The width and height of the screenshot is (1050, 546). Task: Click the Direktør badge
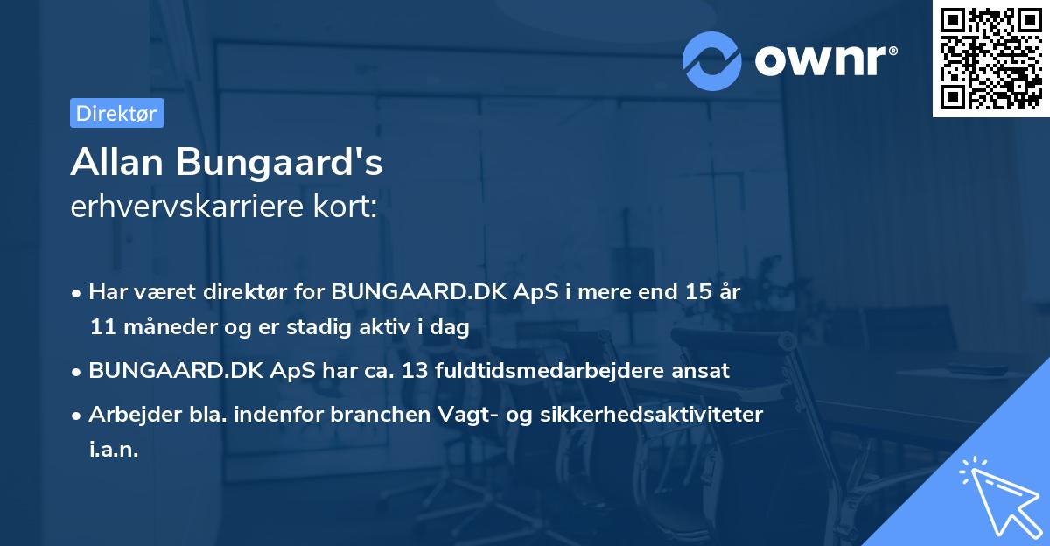[x=116, y=114]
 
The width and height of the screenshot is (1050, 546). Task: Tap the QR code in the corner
[x=990, y=59]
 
